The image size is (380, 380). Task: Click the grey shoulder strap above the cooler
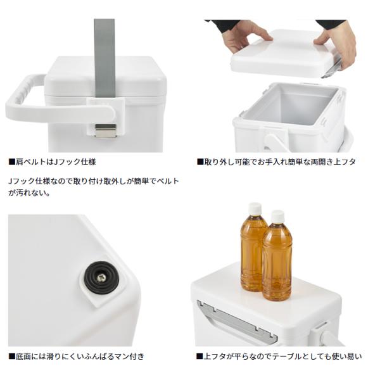(x=104, y=58)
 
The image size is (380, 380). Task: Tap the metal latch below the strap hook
(x=105, y=130)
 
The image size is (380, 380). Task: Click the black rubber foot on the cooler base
(x=101, y=277)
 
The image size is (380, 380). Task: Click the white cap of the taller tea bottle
(x=255, y=209)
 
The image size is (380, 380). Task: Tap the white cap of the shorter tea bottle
(x=277, y=217)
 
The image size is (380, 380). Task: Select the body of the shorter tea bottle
(x=277, y=262)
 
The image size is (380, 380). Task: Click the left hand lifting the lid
(x=244, y=35)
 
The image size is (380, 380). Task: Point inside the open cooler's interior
(x=291, y=104)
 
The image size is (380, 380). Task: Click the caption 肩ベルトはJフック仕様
(x=52, y=161)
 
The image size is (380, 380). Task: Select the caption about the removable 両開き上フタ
(x=276, y=161)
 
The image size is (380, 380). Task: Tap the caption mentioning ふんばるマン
(x=77, y=357)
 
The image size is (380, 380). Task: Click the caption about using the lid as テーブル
(x=279, y=357)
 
